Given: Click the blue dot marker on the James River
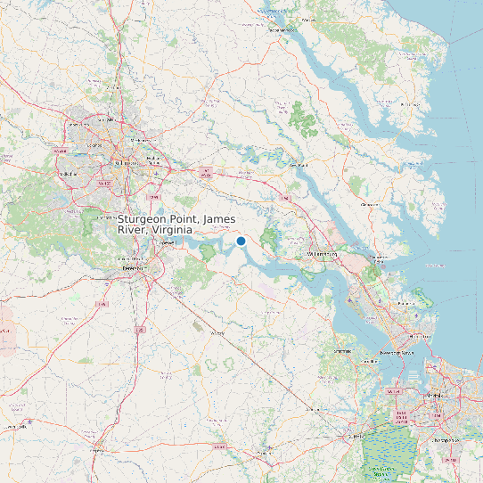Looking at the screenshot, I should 241,241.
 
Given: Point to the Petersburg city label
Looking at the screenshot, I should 134,267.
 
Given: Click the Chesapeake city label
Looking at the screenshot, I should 443,439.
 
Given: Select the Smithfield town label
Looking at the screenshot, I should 342,351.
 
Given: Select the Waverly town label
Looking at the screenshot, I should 217,332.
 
